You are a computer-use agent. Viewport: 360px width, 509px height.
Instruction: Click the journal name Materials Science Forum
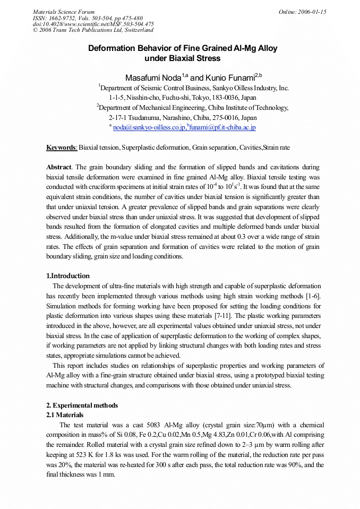64,12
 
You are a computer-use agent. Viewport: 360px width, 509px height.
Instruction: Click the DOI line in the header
93,24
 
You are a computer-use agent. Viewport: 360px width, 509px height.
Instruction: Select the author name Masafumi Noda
153,77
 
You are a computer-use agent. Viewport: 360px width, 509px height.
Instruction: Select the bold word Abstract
59,167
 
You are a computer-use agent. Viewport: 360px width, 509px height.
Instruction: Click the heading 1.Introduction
68,276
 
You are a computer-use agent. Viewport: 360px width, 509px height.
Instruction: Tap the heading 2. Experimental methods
82,406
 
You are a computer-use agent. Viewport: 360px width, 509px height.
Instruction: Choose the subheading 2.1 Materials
65,415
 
